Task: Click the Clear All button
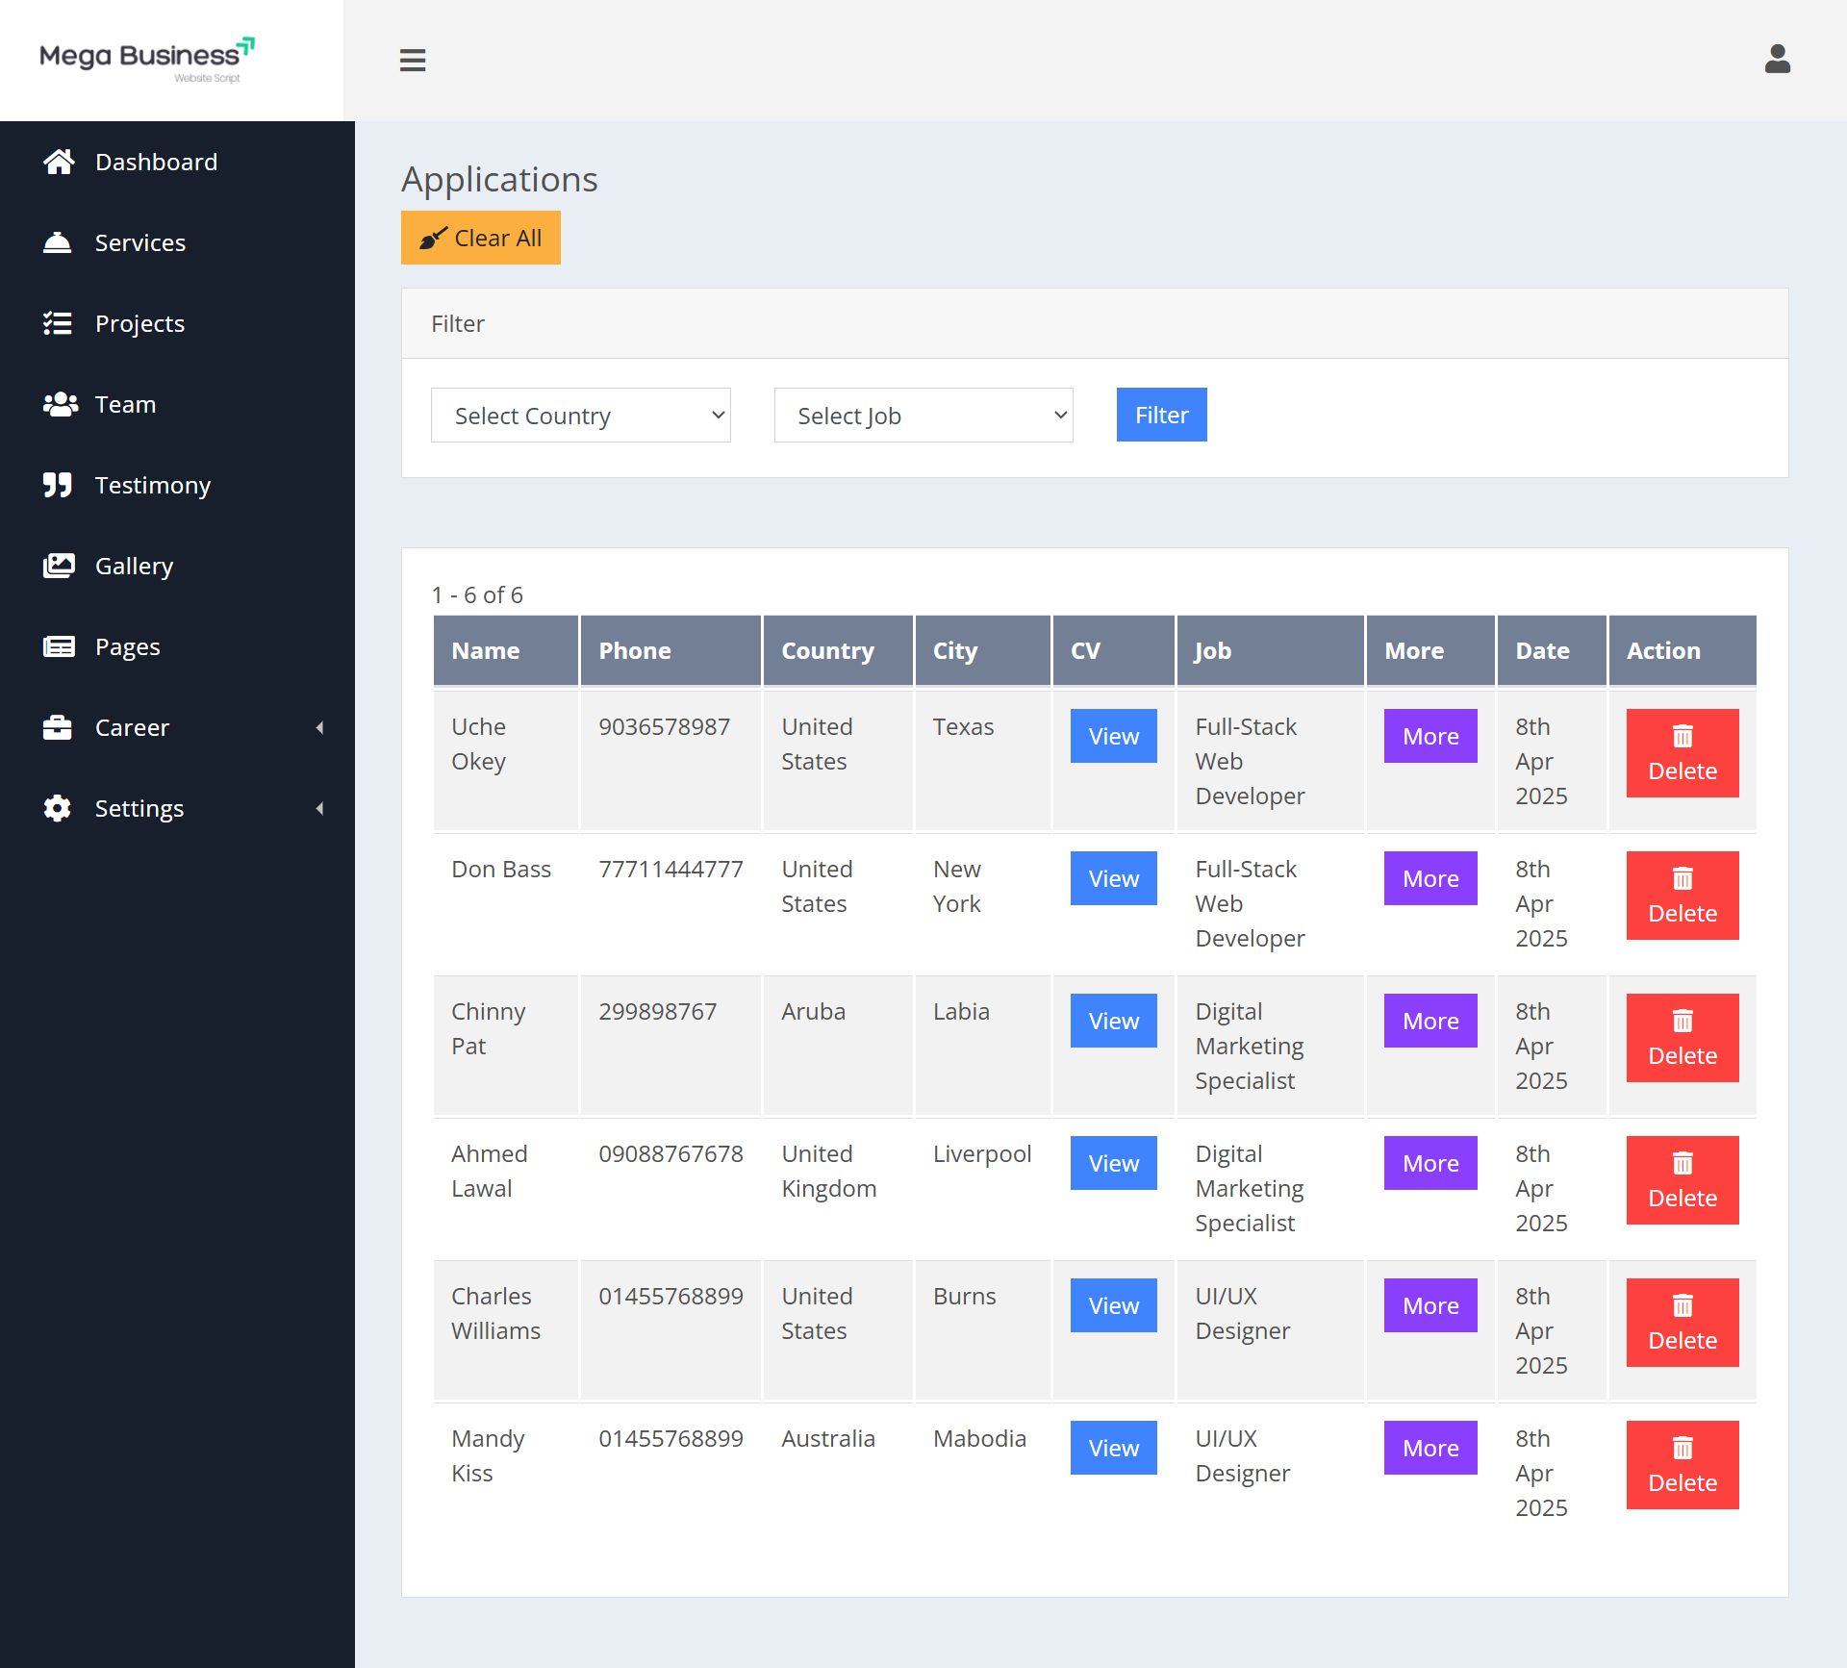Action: tap(480, 238)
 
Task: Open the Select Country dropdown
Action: tap(580, 416)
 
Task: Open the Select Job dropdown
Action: tap(923, 416)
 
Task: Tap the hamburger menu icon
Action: tap(413, 61)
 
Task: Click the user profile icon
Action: tap(1778, 60)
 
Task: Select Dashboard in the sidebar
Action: tap(156, 162)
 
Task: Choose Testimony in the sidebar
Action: tap(153, 485)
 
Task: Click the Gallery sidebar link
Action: tap(134, 566)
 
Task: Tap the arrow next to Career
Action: tap(320, 728)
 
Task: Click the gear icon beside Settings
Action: tap(58, 808)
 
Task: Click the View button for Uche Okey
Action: tap(1114, 736)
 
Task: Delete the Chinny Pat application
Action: tap(1683, 1038)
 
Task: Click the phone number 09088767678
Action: tap(670, 1153)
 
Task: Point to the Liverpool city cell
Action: tap(982, 1154)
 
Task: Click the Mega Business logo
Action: tap(147, 60)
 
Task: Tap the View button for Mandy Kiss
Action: tap(1114, 1448)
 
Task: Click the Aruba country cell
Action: tap(814, 1011)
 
